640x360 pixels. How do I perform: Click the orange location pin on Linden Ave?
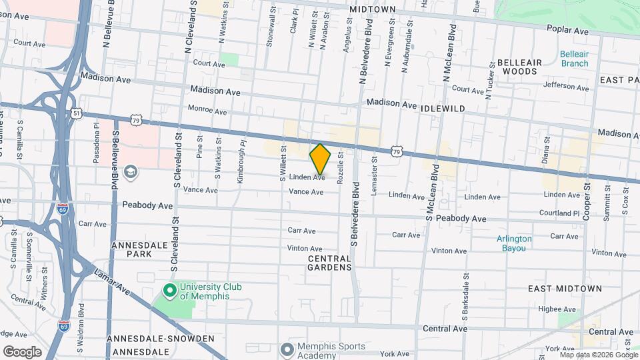[x=320, y=159]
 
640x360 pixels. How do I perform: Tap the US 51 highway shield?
[x=77, y=114]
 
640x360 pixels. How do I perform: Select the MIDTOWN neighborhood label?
[x=371, y=9]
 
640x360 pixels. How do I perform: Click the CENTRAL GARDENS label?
[x=329, y=263]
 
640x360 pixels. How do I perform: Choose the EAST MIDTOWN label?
[x=565, y=289]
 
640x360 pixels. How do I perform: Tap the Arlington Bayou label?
[x=514, y=243]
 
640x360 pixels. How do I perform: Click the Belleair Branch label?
[x=574, y=59]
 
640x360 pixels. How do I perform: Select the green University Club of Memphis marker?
[x=169, y=291]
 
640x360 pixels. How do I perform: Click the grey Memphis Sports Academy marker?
[x=287, y=349]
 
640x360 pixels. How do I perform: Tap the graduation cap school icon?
[x=131, y=173]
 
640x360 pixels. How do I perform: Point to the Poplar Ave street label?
[x=567, y=31]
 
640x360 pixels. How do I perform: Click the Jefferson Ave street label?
[x=566, y=86]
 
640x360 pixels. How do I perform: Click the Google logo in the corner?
[x=22, y=351]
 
